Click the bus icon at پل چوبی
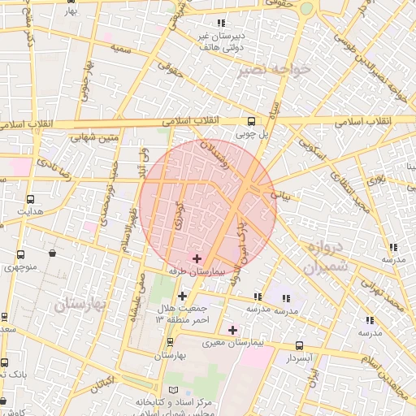(x=250, y=122)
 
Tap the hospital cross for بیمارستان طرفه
(x=197, y=258)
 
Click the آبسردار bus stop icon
(x=300, y=346)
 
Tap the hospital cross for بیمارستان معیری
(x=233, y=330)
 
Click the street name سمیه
(x=121, y=50)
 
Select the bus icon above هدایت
(x=31, y=199)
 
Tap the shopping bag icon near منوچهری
(x=53, y=253)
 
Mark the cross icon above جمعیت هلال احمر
(x=182, y=296)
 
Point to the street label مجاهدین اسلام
(x=383, y=357)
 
